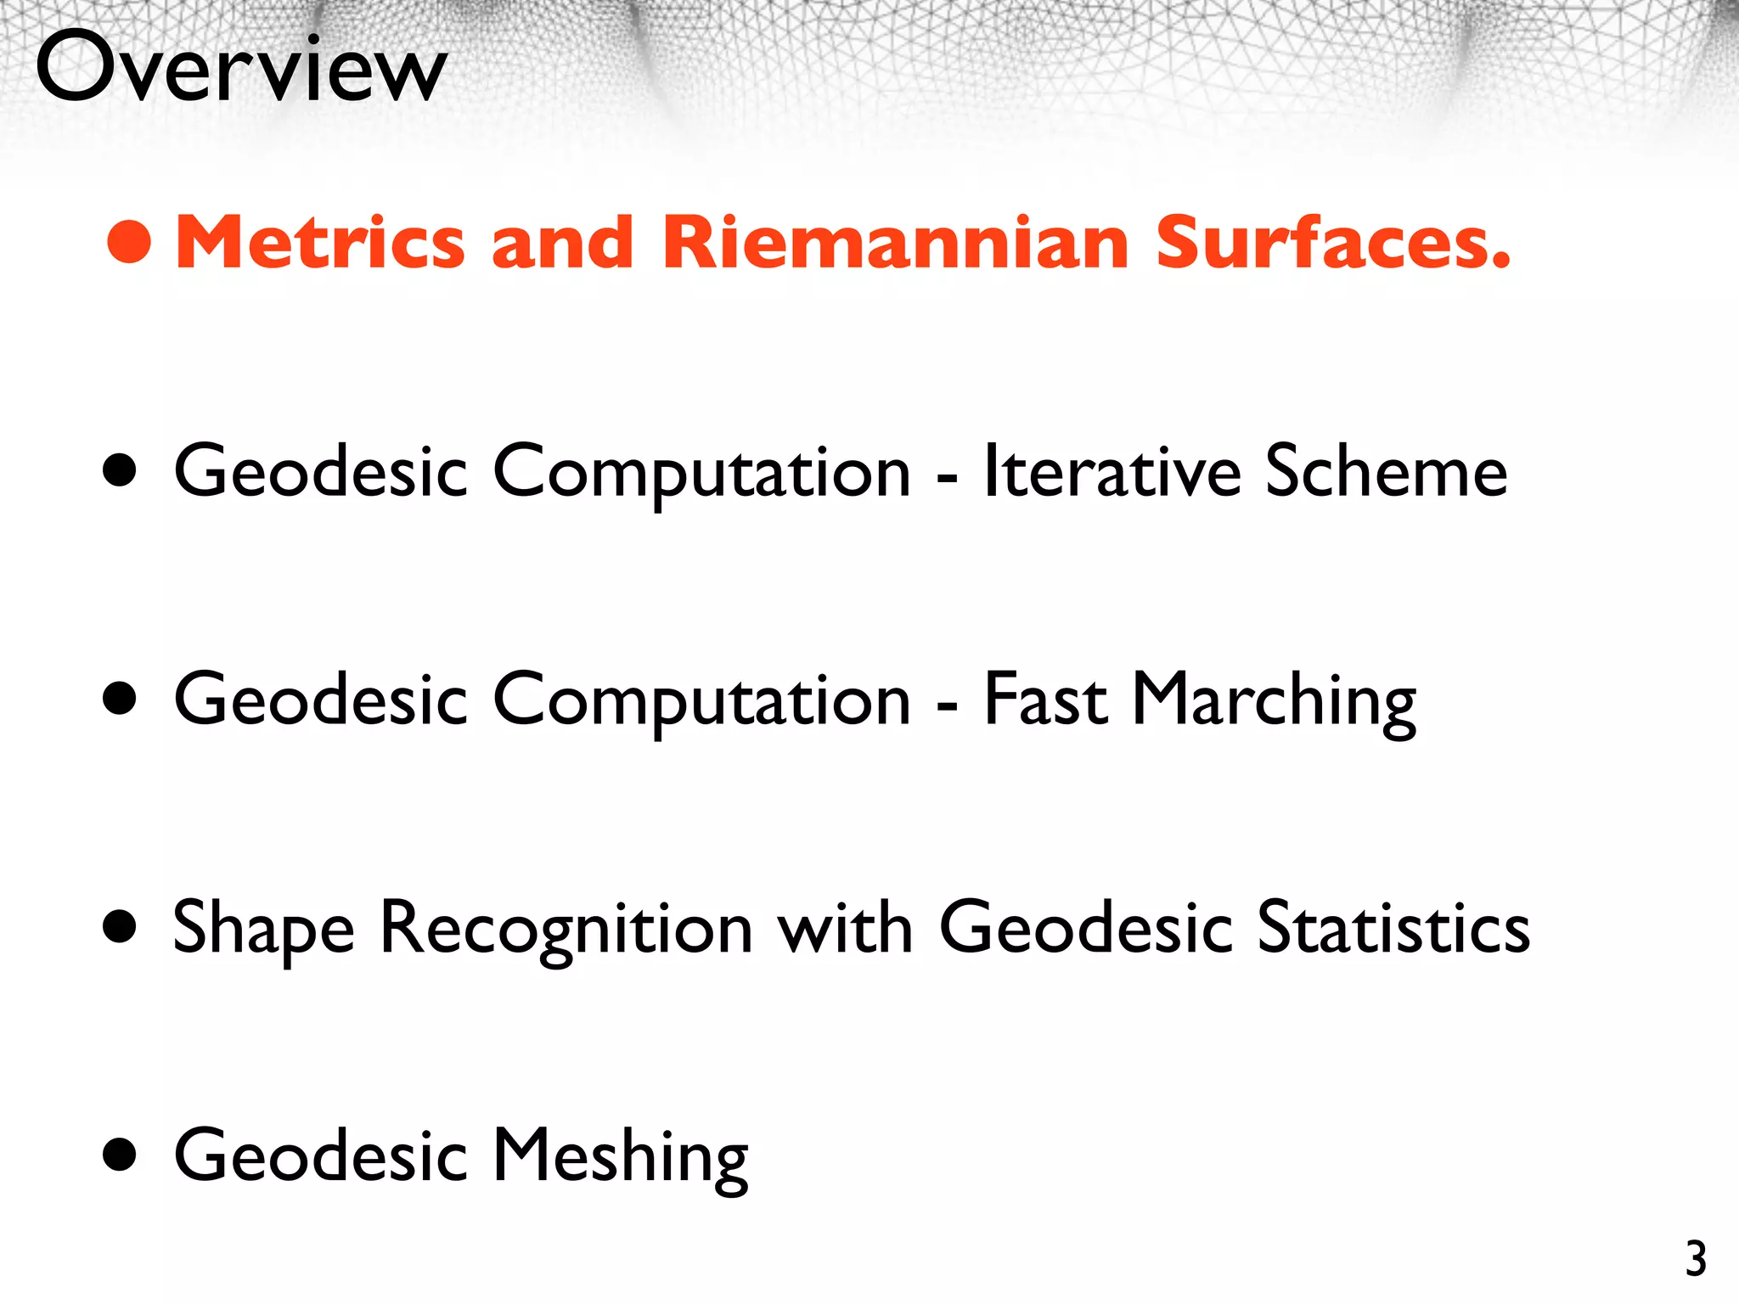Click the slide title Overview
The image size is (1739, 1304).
click(241, 68)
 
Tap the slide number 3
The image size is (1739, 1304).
click(1696, 1260)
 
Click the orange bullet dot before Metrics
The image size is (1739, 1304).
click(129, 242)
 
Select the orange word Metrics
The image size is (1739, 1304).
click(319, 243)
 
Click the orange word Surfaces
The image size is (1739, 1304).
click(1333, 243)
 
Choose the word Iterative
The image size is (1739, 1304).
click(1112, 472)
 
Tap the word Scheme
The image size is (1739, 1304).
click(1386, 472)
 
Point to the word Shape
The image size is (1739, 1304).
click(263, 929)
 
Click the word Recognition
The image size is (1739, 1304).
click(566, 929)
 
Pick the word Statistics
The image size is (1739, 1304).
click(1393, 929)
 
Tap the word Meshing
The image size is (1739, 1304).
click(620, 1156)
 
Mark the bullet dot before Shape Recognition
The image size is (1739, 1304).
click(120, 927)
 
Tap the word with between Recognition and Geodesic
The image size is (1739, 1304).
click(845, 929)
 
